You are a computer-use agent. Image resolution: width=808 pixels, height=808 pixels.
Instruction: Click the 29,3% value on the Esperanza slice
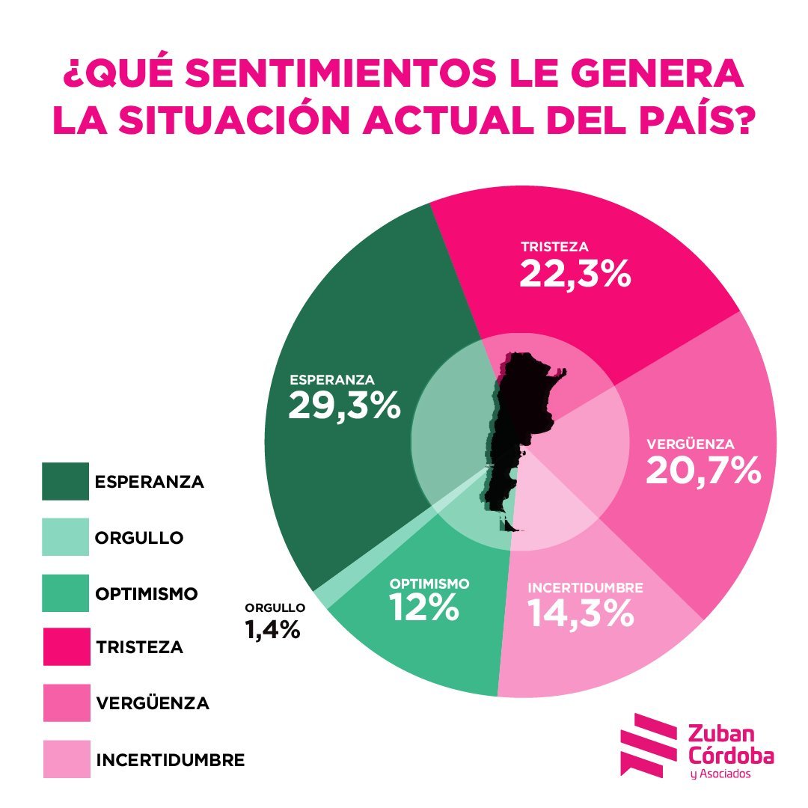point(344,406)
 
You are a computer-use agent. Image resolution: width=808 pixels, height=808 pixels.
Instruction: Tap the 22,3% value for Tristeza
point(575,274)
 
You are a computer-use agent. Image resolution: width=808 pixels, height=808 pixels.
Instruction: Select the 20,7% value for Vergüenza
point(703,470)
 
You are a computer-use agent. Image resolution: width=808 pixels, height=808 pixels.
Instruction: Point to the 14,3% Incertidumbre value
point(581,613)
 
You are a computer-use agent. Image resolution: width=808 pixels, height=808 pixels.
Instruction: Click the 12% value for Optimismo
point(423,608)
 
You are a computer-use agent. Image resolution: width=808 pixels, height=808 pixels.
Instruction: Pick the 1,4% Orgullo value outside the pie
point(272,630)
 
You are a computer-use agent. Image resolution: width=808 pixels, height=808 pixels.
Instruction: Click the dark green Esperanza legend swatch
point(65,481)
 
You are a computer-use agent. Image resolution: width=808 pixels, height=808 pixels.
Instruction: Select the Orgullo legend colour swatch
point(65,537)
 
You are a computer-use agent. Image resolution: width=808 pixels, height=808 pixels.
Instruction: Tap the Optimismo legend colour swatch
point(65,593)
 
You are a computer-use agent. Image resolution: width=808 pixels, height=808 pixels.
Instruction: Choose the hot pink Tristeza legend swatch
point(65,646)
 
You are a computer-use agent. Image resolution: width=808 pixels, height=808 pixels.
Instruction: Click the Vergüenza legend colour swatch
point(65,703)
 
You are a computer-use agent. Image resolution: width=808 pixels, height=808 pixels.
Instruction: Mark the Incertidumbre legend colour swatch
point(65,759)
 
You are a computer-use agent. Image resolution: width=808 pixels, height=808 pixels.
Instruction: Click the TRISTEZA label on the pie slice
point(555,246)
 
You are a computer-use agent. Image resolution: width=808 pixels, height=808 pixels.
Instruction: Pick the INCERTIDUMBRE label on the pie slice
point(585,587)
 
